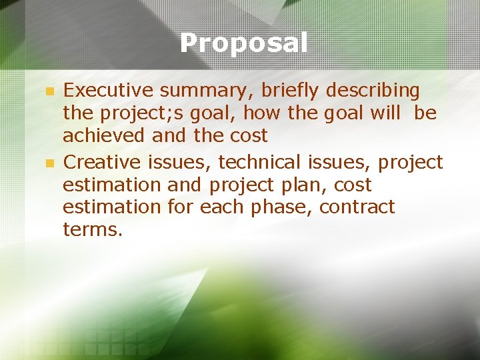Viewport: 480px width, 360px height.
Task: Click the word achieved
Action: click(104, 135)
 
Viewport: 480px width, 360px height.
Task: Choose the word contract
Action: click(357, 207)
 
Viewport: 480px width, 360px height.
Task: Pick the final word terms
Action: click(93, 230)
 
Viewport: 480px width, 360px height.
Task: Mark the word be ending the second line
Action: click(425, 113)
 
